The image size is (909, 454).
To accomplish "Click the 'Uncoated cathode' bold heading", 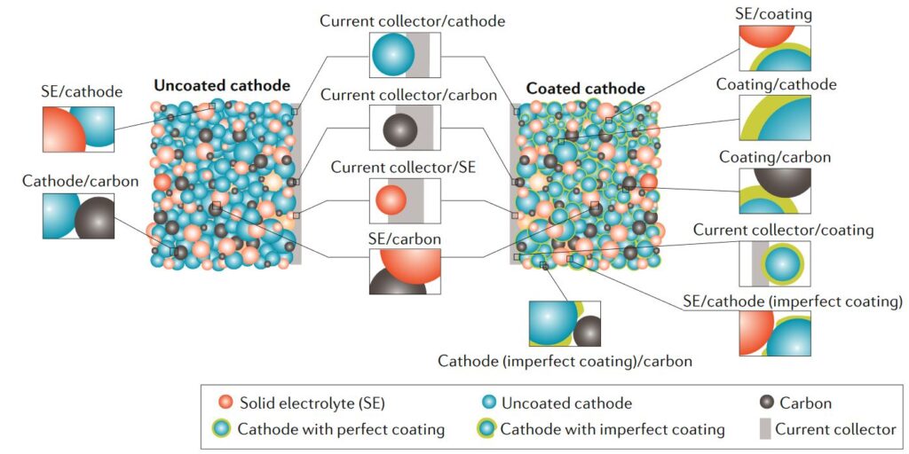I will tap(222, 86).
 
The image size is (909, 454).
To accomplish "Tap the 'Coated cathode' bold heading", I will tap(586, 90).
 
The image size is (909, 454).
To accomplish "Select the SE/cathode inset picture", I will tap(78, 129).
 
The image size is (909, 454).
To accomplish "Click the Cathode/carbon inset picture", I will tap(78, 216).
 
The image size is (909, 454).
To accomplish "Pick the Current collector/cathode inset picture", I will tap(404, 55).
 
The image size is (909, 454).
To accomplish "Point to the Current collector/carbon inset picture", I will tap(404, 128).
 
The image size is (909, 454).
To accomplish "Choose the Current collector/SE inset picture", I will tap(404, 200).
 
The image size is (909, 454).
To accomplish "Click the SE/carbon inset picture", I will tap(404, 270).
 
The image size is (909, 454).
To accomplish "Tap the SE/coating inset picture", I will tap(774, 48).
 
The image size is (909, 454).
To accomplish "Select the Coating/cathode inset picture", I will tap(774, 118).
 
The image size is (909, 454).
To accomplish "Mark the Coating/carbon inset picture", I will tap(774, 191).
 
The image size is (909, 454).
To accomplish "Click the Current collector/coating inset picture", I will tap(774, 263).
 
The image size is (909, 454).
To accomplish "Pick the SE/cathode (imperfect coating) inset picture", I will tap(774, 333).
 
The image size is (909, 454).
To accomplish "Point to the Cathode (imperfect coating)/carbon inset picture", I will tap(565, 324).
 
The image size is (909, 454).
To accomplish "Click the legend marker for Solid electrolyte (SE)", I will tap(225, 403).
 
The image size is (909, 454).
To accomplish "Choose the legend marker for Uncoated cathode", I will tap(487, 403).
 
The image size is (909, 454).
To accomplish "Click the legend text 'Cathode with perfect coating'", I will tap(341, 429).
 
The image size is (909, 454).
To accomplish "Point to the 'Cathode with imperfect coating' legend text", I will tap(613, 429).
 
